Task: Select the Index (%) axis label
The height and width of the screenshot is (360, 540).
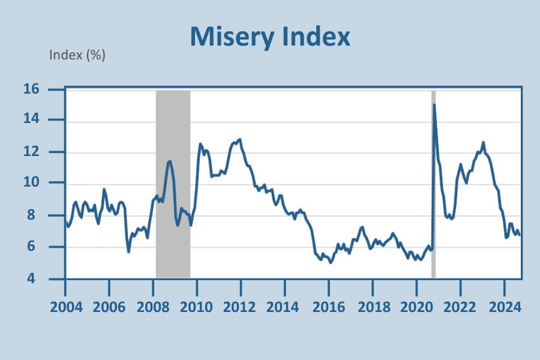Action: point(77,56)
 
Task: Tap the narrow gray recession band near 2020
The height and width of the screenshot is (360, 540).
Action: point(433,180)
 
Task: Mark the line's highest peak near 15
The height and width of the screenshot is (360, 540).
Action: point(434,105)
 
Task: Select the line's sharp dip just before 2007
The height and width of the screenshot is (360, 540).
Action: point(128,251)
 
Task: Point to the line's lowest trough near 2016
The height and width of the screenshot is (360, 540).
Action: point(331,262)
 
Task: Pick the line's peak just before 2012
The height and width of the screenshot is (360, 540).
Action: point(240,139)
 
